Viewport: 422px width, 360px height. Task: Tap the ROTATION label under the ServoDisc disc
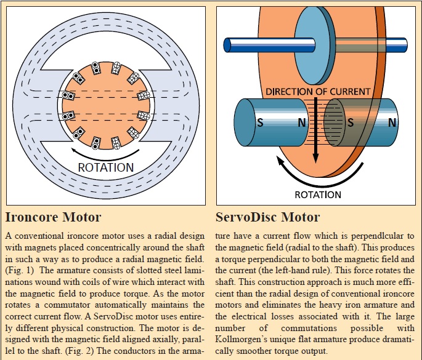pos(317,194)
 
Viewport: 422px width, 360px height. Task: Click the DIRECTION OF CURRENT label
pos(317,92)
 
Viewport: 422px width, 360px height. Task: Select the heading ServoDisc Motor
pos(268,218)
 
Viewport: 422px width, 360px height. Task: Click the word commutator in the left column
pos(65,300)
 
